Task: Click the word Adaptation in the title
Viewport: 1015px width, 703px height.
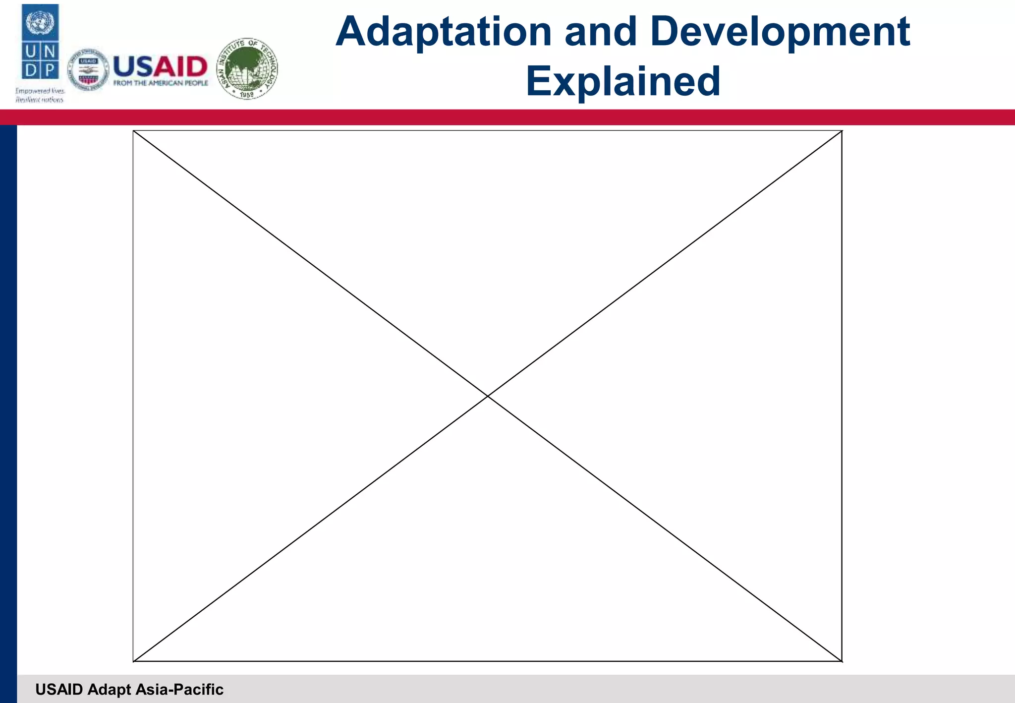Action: [x=444, y=32]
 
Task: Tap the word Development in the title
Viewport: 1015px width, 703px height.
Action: [x=783, y=32]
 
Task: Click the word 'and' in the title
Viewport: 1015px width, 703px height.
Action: [x=600, y=32]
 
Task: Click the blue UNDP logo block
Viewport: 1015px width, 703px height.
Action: [x=40, y=42]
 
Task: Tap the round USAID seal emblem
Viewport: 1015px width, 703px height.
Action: [x=88, y=70]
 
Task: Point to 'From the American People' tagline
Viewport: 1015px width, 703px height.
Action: [x=161, y=83]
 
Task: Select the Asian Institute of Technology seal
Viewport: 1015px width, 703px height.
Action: [x=247, y=68]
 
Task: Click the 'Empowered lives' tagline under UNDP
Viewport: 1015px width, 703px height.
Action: [x=40, y=91]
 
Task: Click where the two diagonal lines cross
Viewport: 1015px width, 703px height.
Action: [x=488, y=396]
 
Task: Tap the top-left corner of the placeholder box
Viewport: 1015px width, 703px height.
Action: [x=133, y=131]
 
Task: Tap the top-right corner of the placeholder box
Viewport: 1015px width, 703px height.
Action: [x=842, y=131]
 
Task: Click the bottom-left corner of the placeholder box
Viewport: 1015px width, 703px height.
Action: [x=133, y=661]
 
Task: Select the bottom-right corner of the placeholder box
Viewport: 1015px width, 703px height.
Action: [x=842, y=661]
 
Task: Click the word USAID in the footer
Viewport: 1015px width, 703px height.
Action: [x=59, y=690]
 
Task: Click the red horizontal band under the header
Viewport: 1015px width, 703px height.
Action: [x=507, y=117]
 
